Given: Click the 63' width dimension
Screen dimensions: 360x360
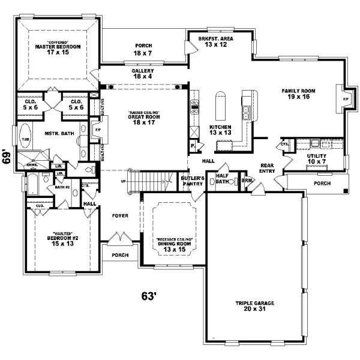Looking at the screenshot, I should (x=148, y=296).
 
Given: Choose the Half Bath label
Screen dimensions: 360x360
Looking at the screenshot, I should (x=223, y=179).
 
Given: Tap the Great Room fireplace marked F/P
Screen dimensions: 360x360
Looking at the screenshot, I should (x=98, y=129).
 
